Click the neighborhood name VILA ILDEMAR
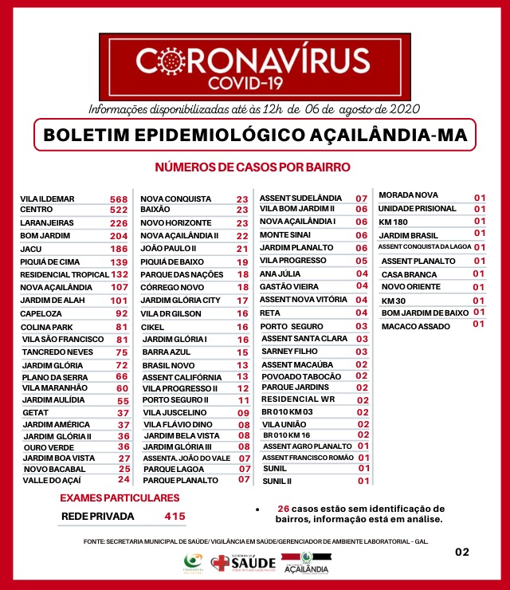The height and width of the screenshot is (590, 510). (x=48, y=199)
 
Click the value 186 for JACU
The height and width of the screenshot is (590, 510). (x=120, y=250)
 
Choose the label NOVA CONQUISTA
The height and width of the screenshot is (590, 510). (x=176, y=199)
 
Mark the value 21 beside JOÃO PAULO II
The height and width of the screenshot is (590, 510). (x=242, y=250)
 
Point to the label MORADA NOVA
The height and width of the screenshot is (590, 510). (x=408, y=195)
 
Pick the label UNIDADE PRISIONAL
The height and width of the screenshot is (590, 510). (x=418, y=208)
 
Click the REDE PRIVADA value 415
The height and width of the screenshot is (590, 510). (x=175, y=517)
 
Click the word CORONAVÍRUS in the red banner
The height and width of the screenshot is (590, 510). (x=253, y=61)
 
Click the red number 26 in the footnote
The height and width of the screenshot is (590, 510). (x=283, y=508)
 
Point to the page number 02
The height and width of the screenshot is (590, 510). (x=462, y=552)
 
